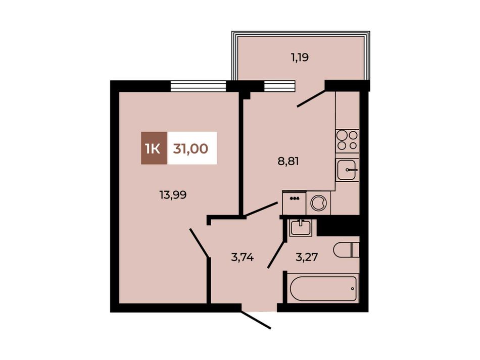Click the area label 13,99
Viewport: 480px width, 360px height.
pos(173,195)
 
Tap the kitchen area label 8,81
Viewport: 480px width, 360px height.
pos(288,161)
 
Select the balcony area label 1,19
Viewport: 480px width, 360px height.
pos(300,57)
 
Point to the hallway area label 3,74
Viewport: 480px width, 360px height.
pos(243,257)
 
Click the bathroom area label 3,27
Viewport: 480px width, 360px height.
pos(306,257)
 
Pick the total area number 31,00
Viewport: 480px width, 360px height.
pos(190,148)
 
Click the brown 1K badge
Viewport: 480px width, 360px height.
pos(154,148)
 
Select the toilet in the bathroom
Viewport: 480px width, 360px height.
pos(346,250)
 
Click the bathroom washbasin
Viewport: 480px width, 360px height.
pos(301,228)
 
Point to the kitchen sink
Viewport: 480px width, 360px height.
pos(347,170)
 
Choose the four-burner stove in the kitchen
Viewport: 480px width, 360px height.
pos(347,140)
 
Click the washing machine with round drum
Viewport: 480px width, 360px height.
pos(318,202)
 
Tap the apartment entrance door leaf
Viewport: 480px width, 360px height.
pos(256,320)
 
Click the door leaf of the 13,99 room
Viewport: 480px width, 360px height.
pos(199,243)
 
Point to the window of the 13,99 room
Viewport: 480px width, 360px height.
pos(198,86)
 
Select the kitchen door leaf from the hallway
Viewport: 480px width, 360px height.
pos(261,210)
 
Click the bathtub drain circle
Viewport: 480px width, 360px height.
pos(352,288)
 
